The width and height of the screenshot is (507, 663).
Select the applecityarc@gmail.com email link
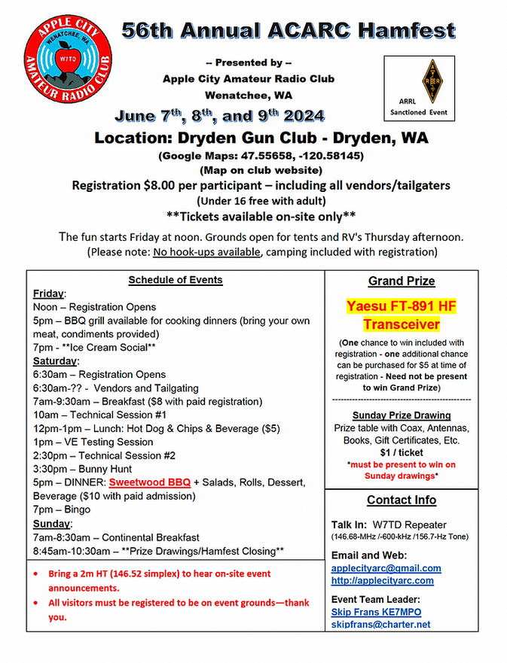point(386,568)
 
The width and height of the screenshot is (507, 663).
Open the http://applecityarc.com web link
point(382,580)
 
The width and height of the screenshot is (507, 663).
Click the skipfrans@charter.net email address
point(380,624)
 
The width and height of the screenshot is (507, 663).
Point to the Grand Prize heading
point(401,281)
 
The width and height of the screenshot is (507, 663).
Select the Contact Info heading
point(401,500)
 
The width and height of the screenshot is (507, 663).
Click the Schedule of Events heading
point(175,280)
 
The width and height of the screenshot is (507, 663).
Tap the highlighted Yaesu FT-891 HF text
point(402,307)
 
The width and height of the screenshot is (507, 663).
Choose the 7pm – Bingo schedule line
point(62,509)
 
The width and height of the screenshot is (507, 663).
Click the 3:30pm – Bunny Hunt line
point(83,469)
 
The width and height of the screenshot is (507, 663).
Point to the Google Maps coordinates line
point(260,157)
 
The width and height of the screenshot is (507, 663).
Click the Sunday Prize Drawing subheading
point(401,415)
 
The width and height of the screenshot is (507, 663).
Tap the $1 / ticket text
point(401,453)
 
